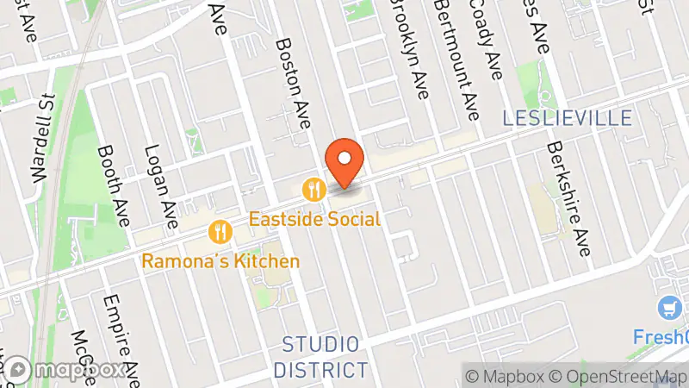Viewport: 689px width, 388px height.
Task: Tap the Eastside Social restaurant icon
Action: coord(313,187)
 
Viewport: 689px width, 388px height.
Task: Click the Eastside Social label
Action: coord(314,219)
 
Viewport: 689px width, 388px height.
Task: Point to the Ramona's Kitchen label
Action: coord(221,261)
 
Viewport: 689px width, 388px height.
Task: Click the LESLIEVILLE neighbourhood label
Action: coord(569,118)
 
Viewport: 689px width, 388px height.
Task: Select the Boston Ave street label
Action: coord(292,83)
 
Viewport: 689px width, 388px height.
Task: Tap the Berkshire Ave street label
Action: coord(568,199)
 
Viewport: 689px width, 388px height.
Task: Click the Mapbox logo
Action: coord(66,370)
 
